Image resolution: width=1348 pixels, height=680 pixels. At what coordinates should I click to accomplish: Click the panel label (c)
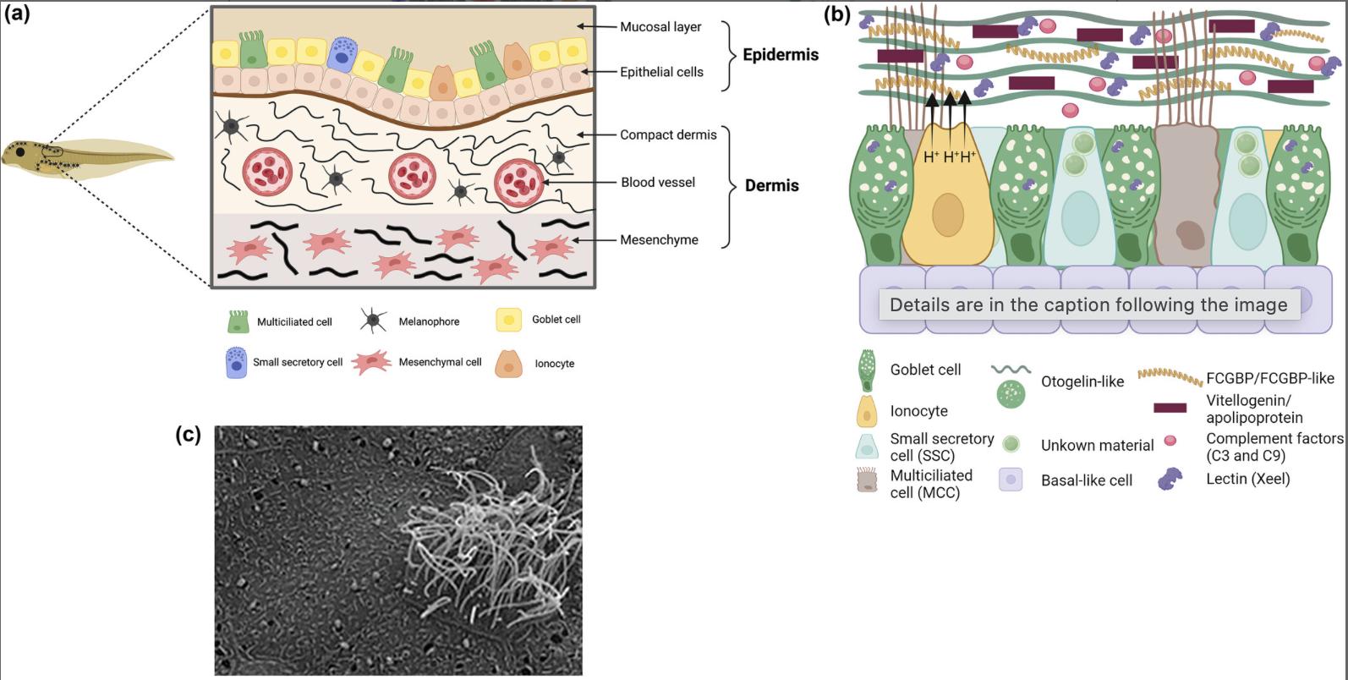pos(188,435)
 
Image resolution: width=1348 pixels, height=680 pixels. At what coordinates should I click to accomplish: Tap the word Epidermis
pos(780,55)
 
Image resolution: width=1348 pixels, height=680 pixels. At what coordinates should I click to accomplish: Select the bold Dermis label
pos(771,186)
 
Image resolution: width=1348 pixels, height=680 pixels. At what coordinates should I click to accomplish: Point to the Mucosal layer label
pos(660,27)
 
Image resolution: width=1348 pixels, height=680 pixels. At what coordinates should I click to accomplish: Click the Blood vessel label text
pos(658,183)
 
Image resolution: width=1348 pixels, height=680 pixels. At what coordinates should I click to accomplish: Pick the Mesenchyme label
pos(659,240)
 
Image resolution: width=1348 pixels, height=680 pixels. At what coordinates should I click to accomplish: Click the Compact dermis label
pos(668,135)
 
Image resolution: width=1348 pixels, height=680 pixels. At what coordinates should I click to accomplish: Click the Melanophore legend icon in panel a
pos(373,321)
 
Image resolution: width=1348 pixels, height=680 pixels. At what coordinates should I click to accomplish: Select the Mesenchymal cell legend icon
pos(371,362)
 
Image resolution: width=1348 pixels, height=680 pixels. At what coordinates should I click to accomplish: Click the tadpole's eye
pos(19,153)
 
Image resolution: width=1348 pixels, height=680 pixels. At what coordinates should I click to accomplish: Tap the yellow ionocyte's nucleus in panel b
pos(947,215)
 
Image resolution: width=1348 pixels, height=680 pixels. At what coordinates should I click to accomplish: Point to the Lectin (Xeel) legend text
pos(1247,480)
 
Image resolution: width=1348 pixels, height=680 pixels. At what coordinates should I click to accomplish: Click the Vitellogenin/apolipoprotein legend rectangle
pos(1170,408)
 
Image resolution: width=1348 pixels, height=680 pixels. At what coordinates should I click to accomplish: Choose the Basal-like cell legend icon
pos(1011,480)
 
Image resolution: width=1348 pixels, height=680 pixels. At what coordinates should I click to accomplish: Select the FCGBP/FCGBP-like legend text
pos(1269,378)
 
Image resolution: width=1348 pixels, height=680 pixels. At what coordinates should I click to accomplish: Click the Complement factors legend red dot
pos(1170,441)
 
